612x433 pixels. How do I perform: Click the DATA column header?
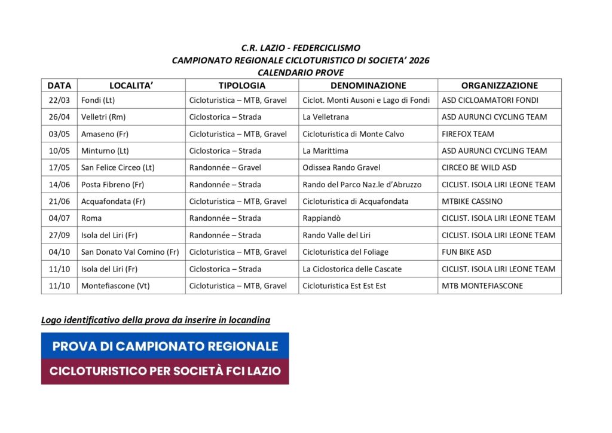click(x=59, y=86)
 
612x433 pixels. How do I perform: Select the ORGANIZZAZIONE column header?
click(x=499, y=86)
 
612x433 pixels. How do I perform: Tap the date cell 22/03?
click(x=59, y=100)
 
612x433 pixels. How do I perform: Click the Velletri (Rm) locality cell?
click(x=103, y=117)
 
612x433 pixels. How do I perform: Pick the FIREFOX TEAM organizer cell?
click(x=468, y=134)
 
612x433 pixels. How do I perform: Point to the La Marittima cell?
click(x=325, y=151)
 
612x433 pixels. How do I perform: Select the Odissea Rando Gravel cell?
click(x=341, y=167)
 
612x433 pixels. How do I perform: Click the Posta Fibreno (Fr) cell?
click(x=112, y=184)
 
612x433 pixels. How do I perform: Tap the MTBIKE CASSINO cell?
click(x=472, y=201)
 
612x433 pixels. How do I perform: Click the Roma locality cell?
click(x=91, y=218)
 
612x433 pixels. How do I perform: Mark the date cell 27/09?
click(x=59, y=235)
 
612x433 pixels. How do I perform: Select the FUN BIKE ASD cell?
click(x=467, y=252)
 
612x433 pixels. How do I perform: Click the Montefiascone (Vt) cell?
click(x=115, y=286)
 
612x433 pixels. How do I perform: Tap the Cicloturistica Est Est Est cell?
click(x=344, y=286)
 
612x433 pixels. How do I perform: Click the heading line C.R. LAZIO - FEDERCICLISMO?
click(x=301, y=48)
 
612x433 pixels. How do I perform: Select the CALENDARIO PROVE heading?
click(x=301, y=72)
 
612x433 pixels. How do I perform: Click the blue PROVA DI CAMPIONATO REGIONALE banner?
click(x=165, y=346)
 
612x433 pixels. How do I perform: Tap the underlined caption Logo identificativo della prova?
click(x=155, y=320)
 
